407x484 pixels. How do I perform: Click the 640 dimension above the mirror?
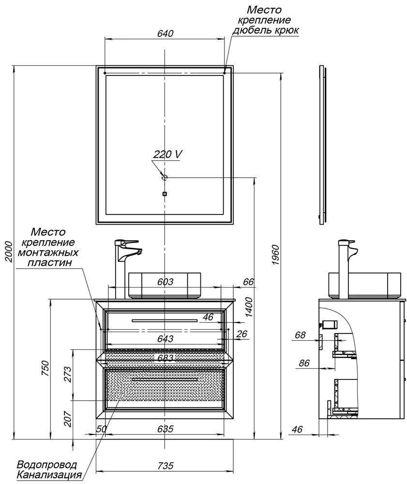tap(165, 33)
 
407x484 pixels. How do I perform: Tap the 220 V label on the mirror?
tap(167, 154)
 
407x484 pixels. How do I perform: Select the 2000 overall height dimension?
tap(8, 252)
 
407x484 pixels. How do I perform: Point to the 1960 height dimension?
tap(275, 255)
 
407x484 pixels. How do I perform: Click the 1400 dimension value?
tap(249, 307)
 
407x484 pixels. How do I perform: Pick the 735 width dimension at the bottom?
tap(166, 465)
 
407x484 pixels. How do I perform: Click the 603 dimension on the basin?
tap(166, 282)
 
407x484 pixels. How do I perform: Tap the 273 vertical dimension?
tap(68, 374)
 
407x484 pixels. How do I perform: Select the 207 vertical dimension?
tap(68, 419)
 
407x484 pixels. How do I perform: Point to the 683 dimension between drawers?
tap(166, 358)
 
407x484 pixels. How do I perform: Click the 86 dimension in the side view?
tap(304, 363)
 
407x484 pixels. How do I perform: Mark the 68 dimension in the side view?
tap(300, 334)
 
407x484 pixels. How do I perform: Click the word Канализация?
tap(49, 474)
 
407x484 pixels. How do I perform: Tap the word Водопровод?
tap(46, 465)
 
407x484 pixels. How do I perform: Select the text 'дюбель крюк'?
tap(265, 30)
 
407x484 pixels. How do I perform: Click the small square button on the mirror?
tap(165, 194)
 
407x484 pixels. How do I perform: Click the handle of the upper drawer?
tap(165, 320)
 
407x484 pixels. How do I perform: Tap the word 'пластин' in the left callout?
tap(50, 262)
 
